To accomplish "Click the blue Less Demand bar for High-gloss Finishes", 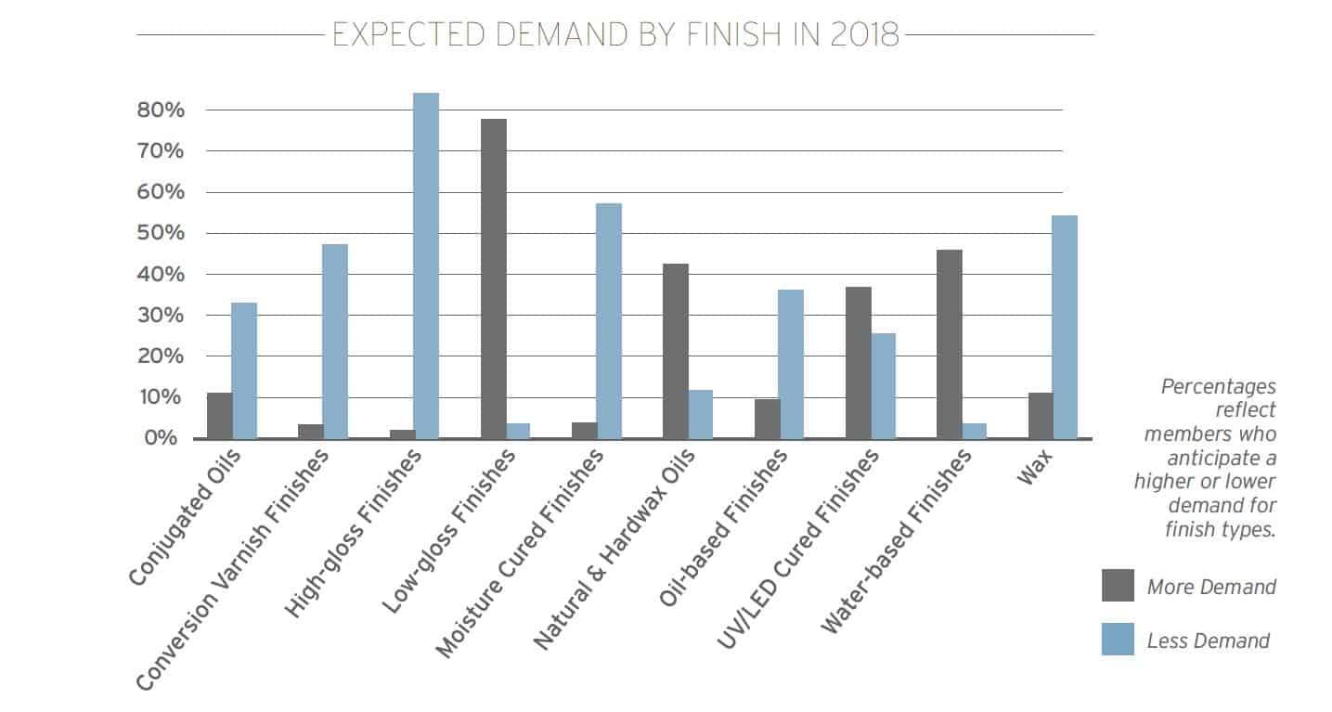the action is click(x=426, y=265).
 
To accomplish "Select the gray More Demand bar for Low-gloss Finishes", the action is click(x=494, y=279).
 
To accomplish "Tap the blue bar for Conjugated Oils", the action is click(x=244, y=370).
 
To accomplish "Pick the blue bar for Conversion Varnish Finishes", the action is click(x=335, y=342).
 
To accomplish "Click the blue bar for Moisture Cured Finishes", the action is click(x=609, y=321).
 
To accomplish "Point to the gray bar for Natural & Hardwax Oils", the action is click(x=676, y=352).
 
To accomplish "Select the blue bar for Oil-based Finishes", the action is click(x=791, y=364).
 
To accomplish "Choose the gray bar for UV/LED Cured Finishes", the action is click(x=859, y=363).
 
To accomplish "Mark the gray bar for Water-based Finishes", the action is click(x=950, y=344).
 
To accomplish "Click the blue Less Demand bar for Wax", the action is click(x=1065, y=327).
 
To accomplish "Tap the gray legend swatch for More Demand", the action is click(x=1118, y=586).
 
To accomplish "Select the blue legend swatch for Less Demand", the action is click(x=1118, y=639).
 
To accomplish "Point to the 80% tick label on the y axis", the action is click(x=161, y=110).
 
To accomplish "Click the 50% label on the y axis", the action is click(x=161, y=233).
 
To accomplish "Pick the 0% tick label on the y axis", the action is click(x=162, y=438).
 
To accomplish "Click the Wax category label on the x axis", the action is click(x=1035, y=467).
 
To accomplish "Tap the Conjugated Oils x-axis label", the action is click(x=185, y=517).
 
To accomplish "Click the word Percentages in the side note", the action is click(x=1219, y=387).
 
